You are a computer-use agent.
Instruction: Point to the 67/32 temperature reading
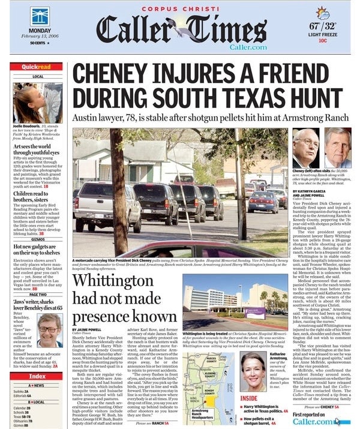(x=322, y=28)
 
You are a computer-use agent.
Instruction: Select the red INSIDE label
(x=249, y=398)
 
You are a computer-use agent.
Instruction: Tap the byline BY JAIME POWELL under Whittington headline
(x=88, y=329)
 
